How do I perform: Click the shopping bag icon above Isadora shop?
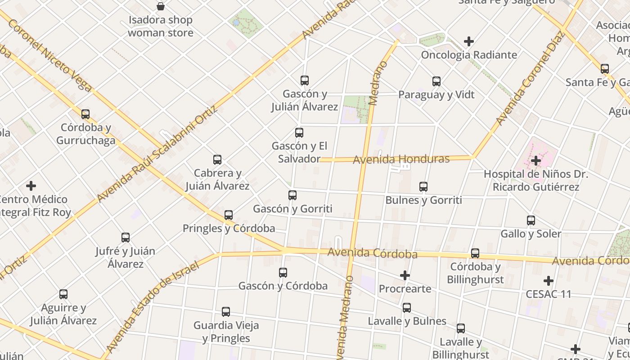coord(160,6)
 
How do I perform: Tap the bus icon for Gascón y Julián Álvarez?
coord(305,81)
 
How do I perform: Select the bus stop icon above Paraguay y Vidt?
coord(436,81)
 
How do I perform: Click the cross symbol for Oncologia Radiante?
coord(469,41)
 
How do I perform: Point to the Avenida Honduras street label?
coord(401,159)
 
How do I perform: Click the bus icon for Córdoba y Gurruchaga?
coord(85,114)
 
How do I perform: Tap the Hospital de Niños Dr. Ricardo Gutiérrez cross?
coord(535,161)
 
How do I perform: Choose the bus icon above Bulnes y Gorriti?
coord(423,187)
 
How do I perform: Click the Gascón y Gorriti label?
coord(292,209)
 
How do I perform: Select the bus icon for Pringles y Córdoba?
coord(229,215)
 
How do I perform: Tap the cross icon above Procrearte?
coord(405,275)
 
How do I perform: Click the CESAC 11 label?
coord(549,294)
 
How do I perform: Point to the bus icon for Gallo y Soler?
coord(531,220)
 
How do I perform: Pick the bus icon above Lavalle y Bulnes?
coord(407,308)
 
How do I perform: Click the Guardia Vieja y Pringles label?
coord(226,332)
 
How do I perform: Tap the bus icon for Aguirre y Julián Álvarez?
coord(63,294)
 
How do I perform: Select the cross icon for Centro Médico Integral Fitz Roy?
coord(31,186)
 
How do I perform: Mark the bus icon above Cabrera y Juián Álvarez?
coord(217,160)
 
